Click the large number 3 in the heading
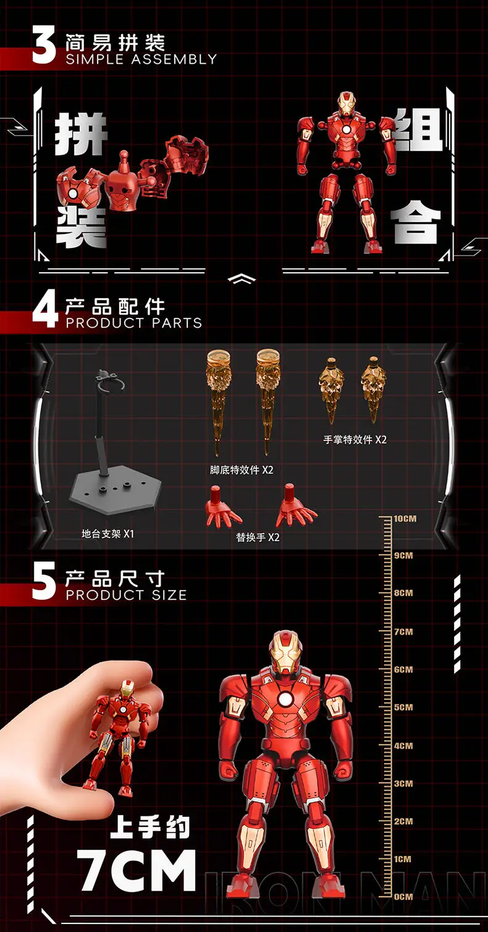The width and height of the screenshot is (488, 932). [44, 45]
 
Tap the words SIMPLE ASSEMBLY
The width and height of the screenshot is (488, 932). [141, 59]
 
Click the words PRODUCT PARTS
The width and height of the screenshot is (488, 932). [134, 323]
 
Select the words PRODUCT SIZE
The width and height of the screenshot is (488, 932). [126, 595]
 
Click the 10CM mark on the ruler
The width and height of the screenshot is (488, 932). [405, 519]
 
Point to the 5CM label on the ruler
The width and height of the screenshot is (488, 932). [403, 708]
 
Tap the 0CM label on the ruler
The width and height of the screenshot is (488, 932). [403, 897]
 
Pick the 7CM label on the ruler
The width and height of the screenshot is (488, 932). [403, 631]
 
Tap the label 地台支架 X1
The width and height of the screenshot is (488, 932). [107, 534]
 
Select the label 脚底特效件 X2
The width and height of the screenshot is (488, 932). [242, 470]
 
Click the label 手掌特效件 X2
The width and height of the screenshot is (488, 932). [355, 440]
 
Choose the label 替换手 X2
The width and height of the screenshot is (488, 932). [258, 537]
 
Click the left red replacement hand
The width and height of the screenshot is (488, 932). [222, 508]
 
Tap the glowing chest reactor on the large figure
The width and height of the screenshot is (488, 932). [285, 699]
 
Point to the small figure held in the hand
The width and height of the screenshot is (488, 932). [120, 737]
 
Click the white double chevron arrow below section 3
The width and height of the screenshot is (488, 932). [242, 279]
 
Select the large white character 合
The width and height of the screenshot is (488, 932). [416, 221]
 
